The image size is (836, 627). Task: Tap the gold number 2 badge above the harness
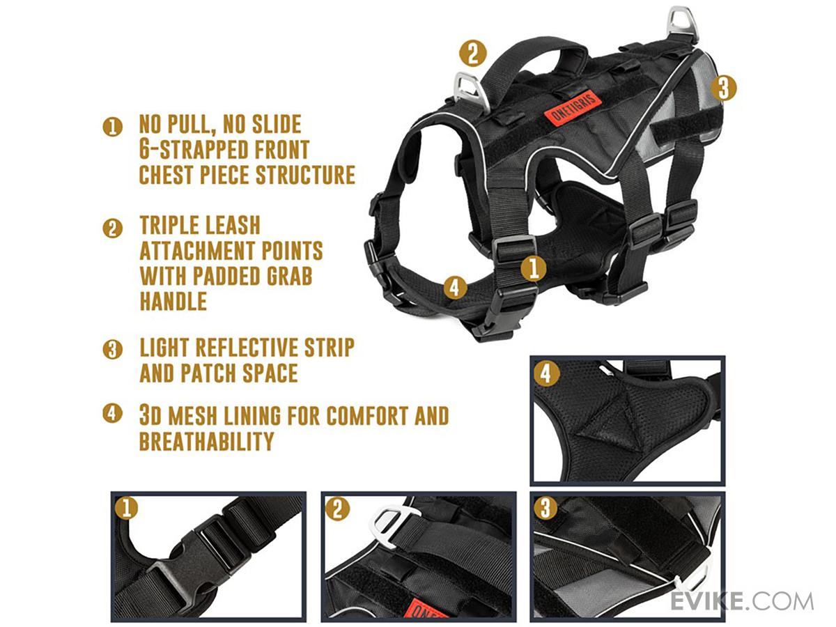click(x=472, y=54)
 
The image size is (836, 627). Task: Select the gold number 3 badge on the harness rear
click(x=723, y=88)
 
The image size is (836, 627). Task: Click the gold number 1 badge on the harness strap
click(x=533, y=268)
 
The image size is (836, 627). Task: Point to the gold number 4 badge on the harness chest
click(x=455, y=288)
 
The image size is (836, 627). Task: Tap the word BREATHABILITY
click(x=207, y=441)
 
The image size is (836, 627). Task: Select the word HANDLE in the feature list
click(x=173, y=301)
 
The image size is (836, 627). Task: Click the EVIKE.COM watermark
click(x=741, y=602)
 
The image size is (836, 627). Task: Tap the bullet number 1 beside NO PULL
click(x=112, y=127)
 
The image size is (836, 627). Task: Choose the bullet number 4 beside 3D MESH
click(x=112, y=413)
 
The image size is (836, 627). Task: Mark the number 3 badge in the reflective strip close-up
click(x=545, y=507)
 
